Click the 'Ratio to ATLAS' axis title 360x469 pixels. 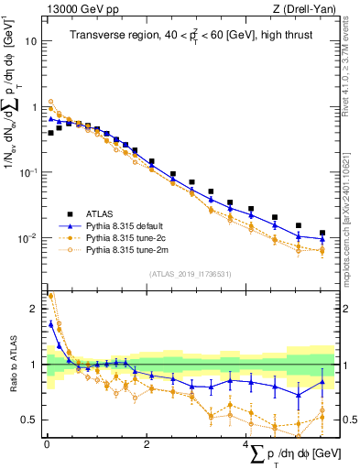coord(11,365)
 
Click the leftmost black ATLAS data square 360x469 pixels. coord(51,133)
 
